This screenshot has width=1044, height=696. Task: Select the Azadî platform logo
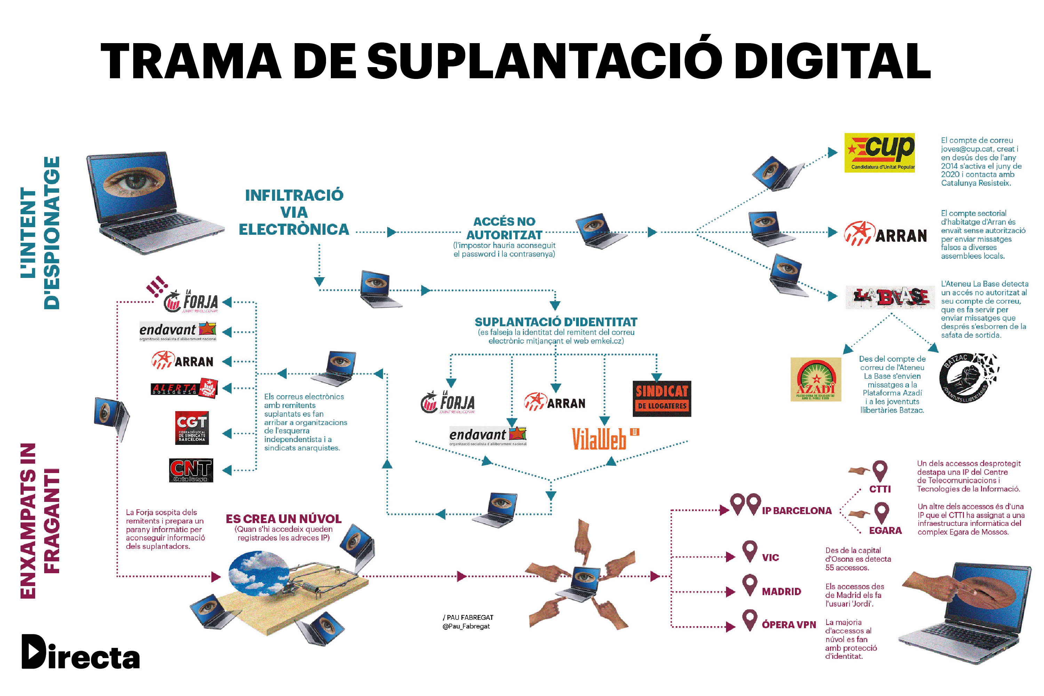[x=815, y=379]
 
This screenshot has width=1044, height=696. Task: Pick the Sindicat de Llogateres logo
[x=661, y=398]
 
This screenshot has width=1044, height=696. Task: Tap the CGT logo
[x=192, y=427]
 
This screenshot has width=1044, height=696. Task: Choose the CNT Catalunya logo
[x=191, y=470]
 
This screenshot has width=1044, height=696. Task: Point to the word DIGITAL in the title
[x=832, y=61]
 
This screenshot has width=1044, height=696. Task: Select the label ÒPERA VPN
[x=789, y=625]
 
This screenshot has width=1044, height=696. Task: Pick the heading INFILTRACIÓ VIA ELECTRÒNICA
[x=294, y=212]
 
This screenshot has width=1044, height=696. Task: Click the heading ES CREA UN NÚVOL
[x=283, y=519]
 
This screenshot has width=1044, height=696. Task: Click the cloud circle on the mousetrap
[x=259, y=572]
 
